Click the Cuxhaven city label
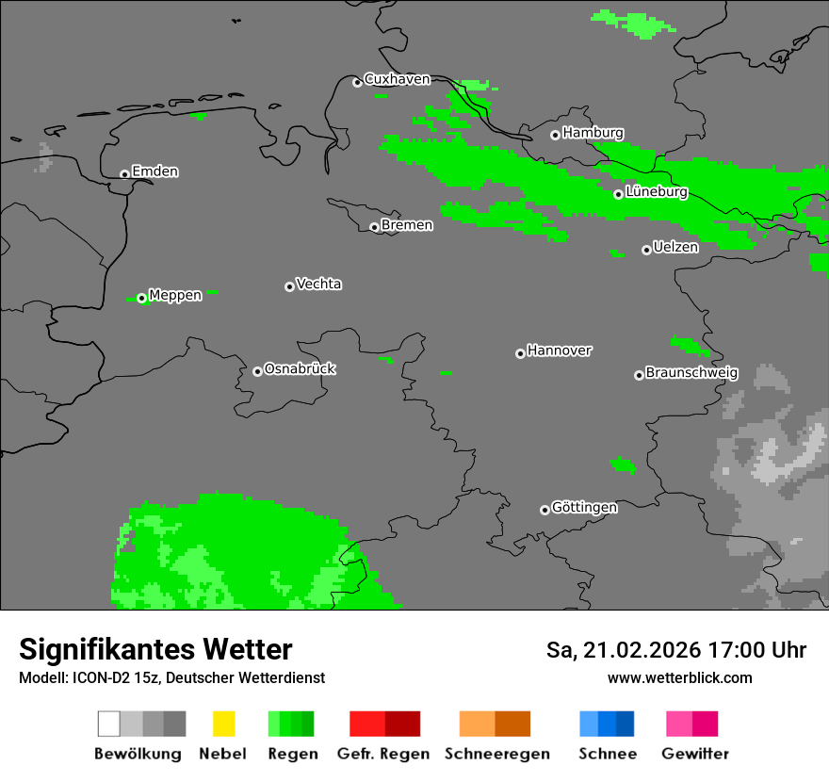click(397, 79)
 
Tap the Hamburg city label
click(593, 133)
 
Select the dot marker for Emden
click(124, 173)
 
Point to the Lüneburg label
click(657, 191)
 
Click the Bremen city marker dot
click(374, 227)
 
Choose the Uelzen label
click(675, 247)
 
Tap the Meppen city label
click(175, 295)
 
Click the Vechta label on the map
click(318, 284)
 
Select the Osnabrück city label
click(300, 368)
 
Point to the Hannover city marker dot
click(520, 353)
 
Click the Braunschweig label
click(691, 372)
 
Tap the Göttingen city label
click(584, 507)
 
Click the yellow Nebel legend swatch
click(223, 724)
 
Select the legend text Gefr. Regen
click(383, 754)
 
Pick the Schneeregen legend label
click(497, 754)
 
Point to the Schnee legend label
click(608, 754)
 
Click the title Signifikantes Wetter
click(155, 649)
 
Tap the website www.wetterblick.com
click(680, 677)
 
